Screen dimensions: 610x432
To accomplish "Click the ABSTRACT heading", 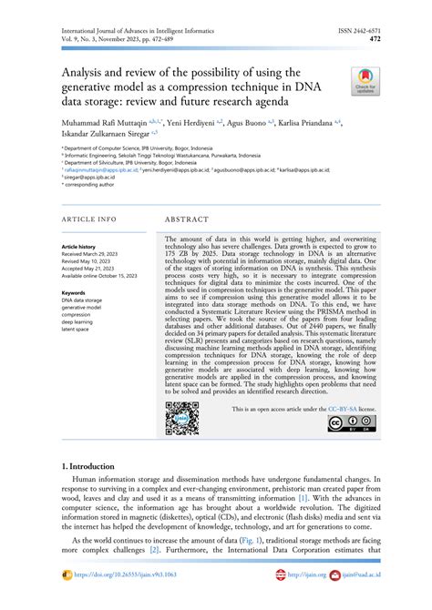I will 188,220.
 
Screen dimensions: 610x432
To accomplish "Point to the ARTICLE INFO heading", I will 88,220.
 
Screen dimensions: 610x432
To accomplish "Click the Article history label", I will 78,247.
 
